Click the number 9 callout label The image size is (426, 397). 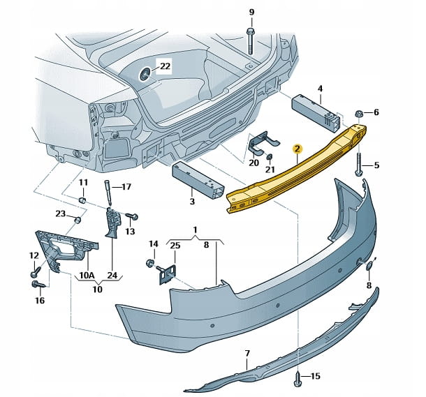click(251, 12)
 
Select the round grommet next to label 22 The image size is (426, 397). click(146, 73)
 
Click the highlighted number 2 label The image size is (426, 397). click(297, 148)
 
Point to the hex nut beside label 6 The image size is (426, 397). click(358, 112)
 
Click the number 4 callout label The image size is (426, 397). click(320, 88)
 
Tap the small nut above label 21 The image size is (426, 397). click(270, 158)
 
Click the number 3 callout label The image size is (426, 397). click(192, 202)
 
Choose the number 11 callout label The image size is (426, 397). click(82, 183)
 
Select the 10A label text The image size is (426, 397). click(87, 275)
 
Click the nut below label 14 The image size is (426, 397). click(149, 264)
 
